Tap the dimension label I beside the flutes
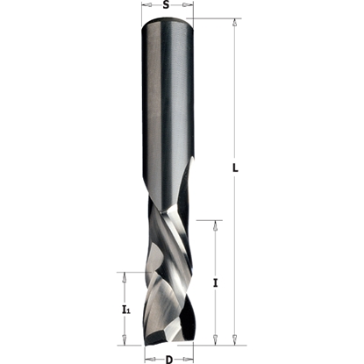pyautogui.click(x=216, y=282)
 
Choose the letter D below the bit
pyautogui.click(x=168, y=357)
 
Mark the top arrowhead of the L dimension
pyautogui.click(x=234, y=23)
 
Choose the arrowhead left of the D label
pyautogui.click(x=148, y=357)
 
